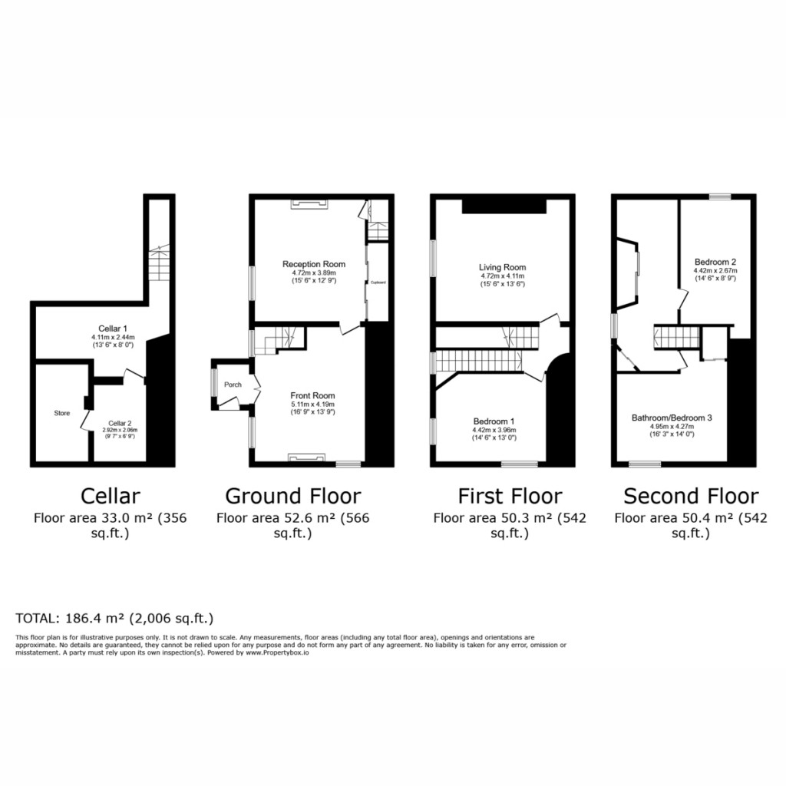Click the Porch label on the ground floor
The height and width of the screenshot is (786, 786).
(x=233, y=385)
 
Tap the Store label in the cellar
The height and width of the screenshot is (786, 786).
(x=61, y=413)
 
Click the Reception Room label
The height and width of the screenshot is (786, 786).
(x=313, y=264)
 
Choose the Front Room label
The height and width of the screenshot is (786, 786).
(x=313, y=395)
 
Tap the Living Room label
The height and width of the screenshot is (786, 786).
(x=503, y=267)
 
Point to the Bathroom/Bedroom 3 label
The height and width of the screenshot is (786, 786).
(x=672, y=418)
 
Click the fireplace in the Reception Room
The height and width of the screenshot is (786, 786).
(x=309, y=203)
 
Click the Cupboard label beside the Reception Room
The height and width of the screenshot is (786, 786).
(x=378, y=282)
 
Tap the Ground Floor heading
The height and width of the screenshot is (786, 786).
(x=292, y=495)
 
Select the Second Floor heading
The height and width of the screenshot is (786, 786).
(x=691, y=495)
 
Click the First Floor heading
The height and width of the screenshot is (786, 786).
(x=509, y=495)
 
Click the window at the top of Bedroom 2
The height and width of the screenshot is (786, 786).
(x=719, y=197)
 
